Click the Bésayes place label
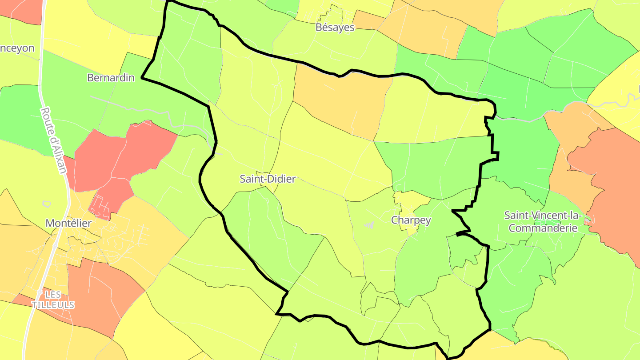[x=335, y=27]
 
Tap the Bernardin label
[x=111, y=78]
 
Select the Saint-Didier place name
[x=268, y=179]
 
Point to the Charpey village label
[x=411, y=220]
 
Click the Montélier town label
[x=68, y=223]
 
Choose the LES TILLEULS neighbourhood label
[x=53, y=300]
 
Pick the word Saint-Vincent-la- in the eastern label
[x=543, y=216]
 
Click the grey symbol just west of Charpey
[x=369, y=225]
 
